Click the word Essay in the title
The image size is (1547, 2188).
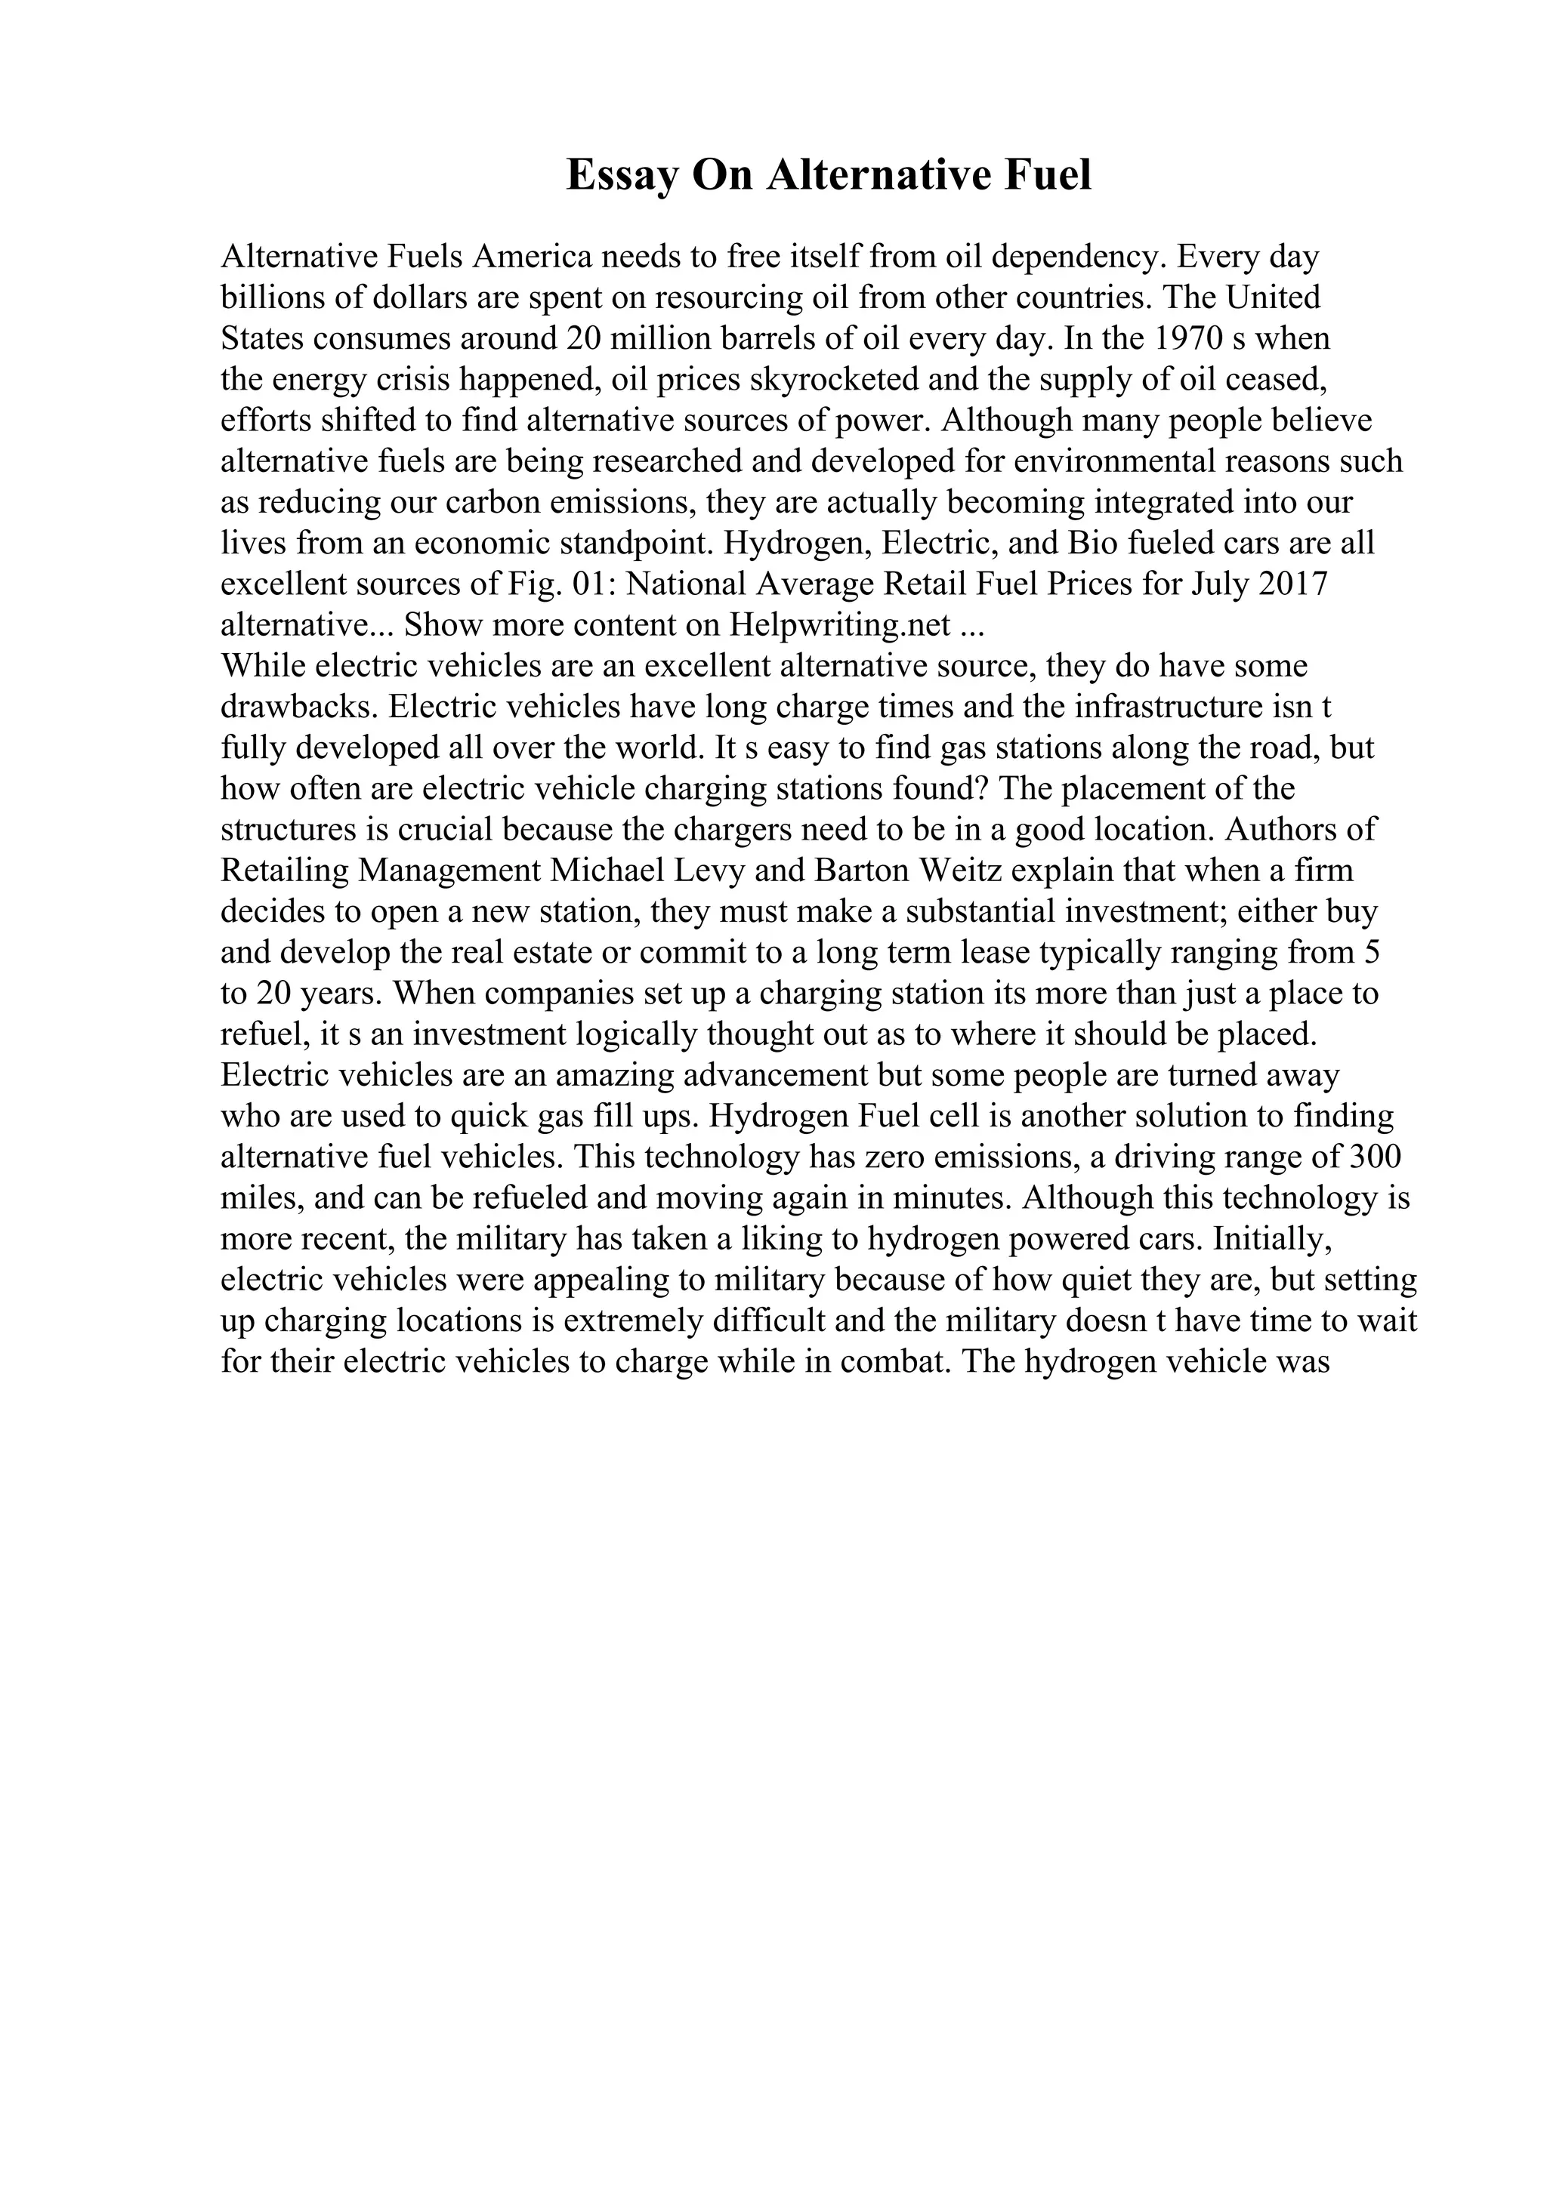622,177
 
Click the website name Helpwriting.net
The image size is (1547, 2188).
841,625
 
